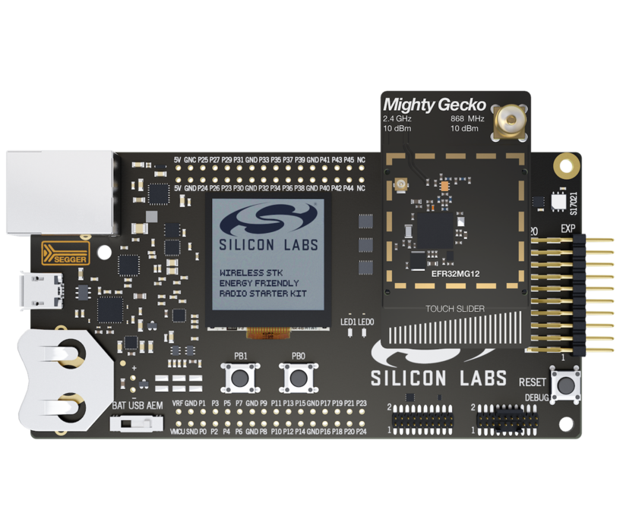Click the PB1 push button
(x=241, y=376)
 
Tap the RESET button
(x=566, y=385)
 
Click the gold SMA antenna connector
(x=508, y=121)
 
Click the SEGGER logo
(x=65, y=253)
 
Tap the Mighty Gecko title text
(x=434, y=105)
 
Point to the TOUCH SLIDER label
(x=454, y=309)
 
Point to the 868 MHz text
(x=467, y=119)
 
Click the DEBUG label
(x=538, y=397)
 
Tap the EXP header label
(x=568, y=228)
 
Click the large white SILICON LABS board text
(x=438, y=379)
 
